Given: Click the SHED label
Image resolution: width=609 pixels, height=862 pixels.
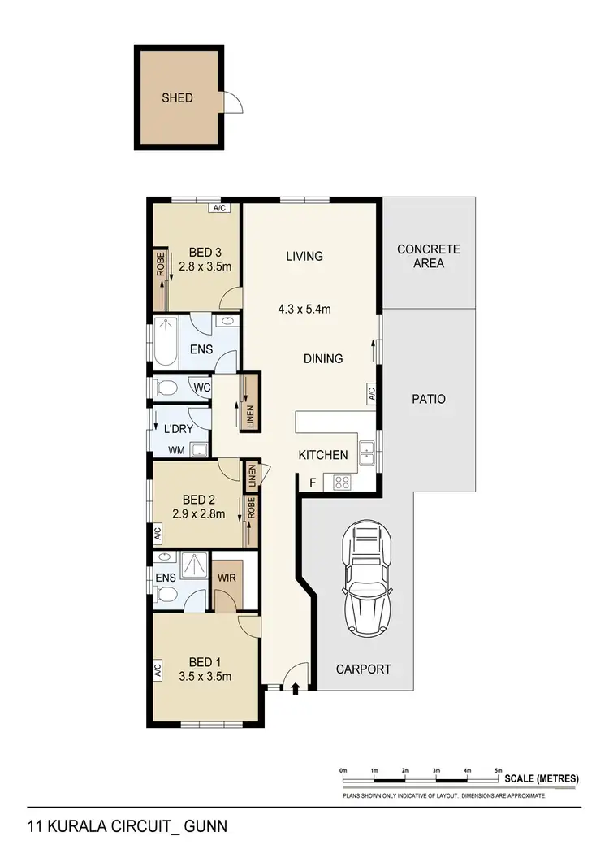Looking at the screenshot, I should [x=177, y=98].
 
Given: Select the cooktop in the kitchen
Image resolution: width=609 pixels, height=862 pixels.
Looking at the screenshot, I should [x=342, y=482].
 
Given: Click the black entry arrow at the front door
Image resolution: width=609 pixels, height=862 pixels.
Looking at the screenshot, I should [x=295, y=689].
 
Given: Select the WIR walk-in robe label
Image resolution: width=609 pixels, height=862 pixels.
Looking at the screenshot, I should [x=227, y=578].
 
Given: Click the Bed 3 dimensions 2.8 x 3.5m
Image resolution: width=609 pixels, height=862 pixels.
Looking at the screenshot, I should [x=205, y=266].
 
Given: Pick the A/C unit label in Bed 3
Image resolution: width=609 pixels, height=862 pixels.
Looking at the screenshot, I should [x=218, y=208].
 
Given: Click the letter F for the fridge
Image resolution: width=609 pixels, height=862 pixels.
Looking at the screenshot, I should [x=313, y=483].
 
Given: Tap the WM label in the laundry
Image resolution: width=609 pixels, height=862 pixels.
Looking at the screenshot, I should [x=176, y=448].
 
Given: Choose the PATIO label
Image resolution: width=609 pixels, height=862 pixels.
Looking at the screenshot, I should [x=428, y=399].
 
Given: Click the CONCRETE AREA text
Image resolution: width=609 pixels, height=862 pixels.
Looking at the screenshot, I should [x=428, y=256].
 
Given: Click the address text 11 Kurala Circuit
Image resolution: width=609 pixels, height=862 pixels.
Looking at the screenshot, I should [x=127, y=826].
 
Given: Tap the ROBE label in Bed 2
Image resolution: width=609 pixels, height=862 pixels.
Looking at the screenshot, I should [x=252, y=509].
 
